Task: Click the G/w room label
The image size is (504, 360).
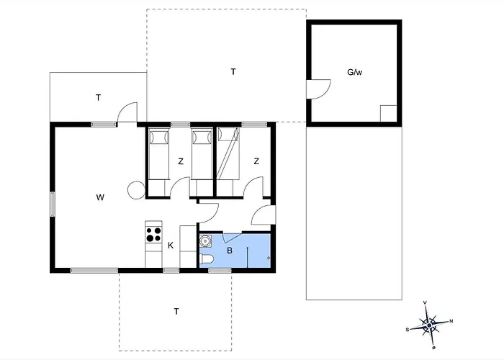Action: pos(354,72)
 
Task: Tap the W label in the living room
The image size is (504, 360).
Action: pos(100,197)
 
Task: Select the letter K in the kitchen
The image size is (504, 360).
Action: pos(171,246)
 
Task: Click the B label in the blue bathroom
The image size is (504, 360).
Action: pos(230,251)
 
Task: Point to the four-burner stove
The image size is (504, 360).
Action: pos(153,235)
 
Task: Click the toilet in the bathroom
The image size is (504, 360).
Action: pos(206,259)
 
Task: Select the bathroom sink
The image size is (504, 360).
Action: pos(205,240)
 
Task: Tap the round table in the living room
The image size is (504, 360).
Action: pos(136,190)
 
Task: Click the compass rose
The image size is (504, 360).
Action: pos(429,325)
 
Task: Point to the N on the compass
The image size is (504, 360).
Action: pos(451,321)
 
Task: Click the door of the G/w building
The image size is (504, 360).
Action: pos(318,89)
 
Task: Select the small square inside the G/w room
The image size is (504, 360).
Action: pos(388,114)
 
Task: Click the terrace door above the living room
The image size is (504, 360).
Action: pos(127,112)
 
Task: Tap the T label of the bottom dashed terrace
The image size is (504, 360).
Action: pos(176,312)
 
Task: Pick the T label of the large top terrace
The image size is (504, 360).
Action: pos(233,72)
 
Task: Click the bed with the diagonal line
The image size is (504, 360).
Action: pos(228,153)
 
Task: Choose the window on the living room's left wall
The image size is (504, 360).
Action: pos(52,204)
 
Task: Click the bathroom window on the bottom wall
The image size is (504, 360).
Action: pos(220,271)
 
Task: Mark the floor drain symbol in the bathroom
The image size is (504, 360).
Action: pos(269,258)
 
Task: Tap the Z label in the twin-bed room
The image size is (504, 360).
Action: pos(181,161)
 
